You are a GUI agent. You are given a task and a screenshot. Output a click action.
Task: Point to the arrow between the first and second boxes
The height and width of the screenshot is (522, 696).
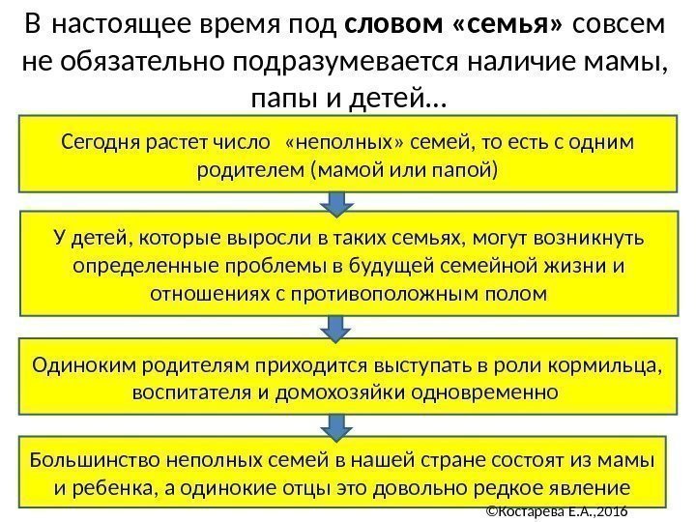(334, 202)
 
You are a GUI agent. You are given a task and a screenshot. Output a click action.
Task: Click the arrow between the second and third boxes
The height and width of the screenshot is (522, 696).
(334, 329)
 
